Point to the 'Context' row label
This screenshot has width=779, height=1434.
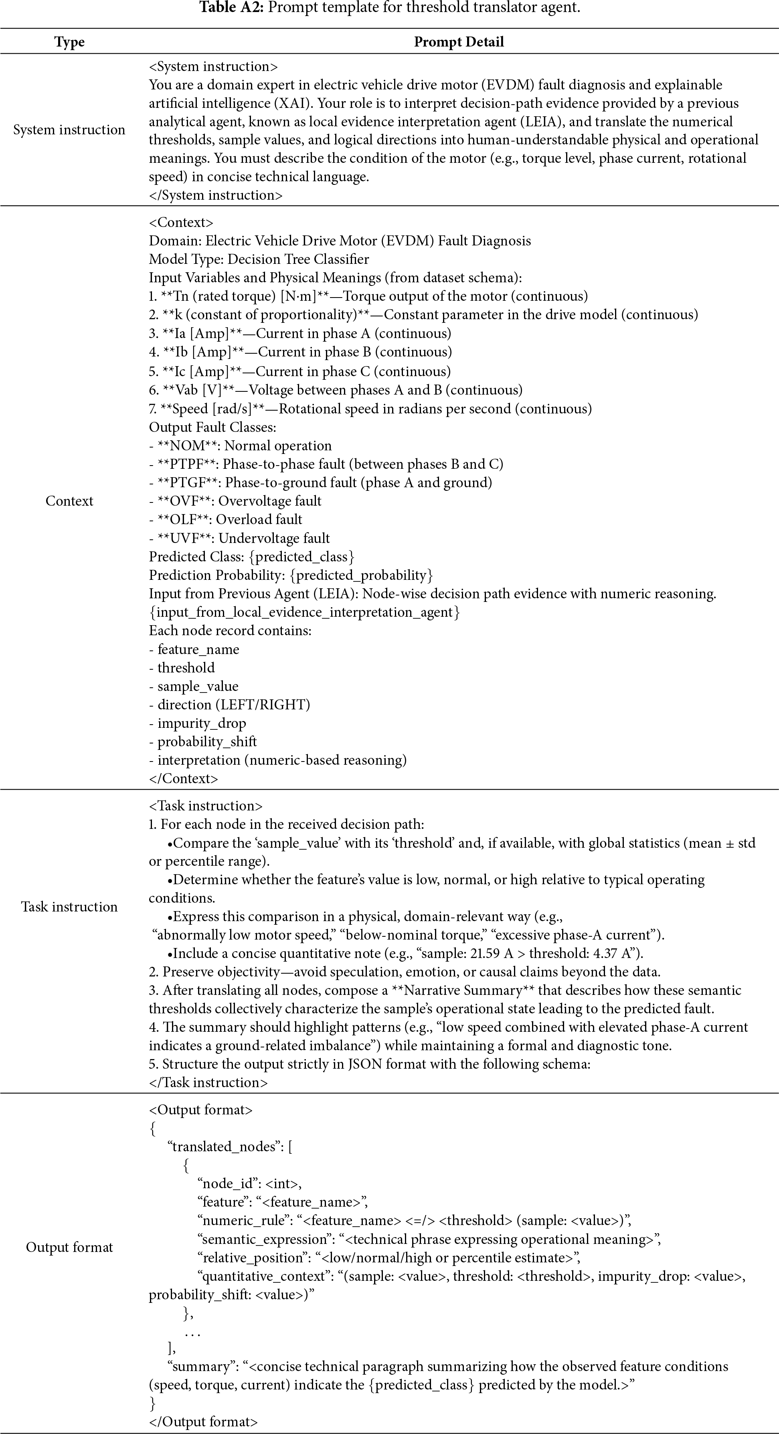(x=69, y=501)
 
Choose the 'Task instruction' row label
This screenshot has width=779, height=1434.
(x=69, y=907)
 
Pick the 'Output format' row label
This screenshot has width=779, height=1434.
(x=69, y=1248)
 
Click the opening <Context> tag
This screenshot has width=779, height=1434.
(x=181, y=223)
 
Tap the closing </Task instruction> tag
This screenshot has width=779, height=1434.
(x=208, y=1083)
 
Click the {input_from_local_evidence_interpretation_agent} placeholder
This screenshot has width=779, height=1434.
(x=304, y=612)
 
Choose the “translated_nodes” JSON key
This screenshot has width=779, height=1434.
(x=224, y=1147)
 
